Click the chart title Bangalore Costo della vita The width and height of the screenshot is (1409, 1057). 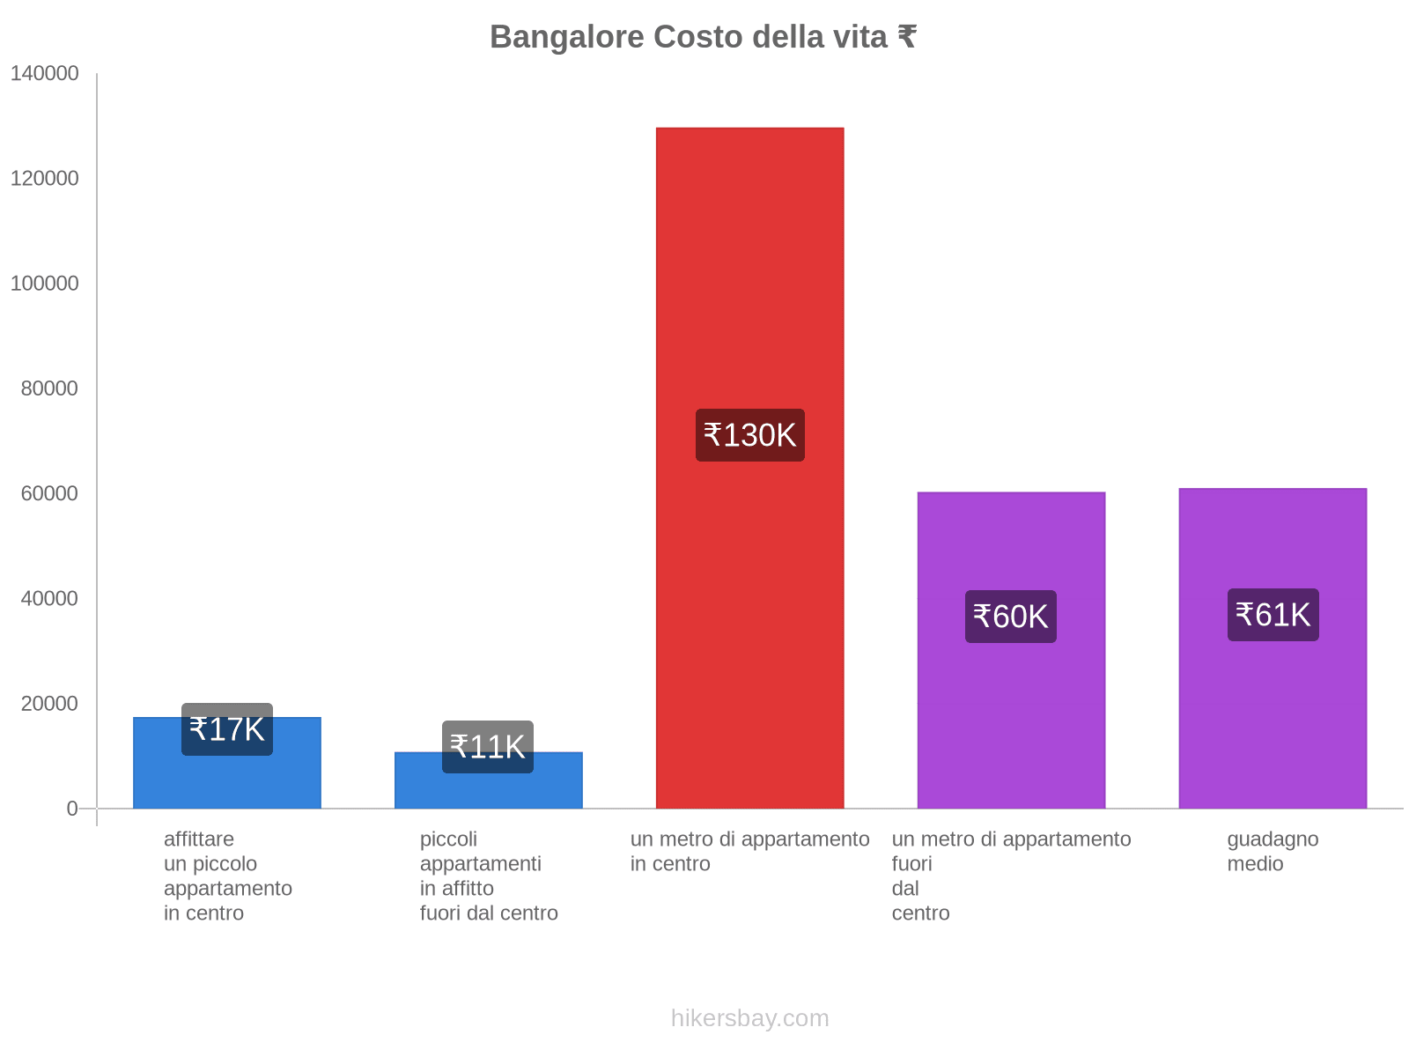tap(703, 37)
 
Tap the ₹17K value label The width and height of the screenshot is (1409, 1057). tap(227, 729)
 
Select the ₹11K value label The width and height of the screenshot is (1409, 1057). tap(488, 747)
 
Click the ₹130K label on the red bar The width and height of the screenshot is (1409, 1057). tap(749, 435)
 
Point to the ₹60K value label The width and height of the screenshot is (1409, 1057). tap(1010, 617)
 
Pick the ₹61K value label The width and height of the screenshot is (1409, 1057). tap(1273, 615)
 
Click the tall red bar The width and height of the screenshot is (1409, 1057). tap(749, 264)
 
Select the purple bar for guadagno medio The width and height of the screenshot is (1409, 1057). tap(1273, 705)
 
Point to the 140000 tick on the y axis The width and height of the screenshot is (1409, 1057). tap(45, 74)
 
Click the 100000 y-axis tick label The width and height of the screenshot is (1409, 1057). tap(45, 284)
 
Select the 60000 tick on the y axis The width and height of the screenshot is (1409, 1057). tap(49, 493)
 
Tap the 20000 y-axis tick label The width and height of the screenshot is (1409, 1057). tap(49, 704)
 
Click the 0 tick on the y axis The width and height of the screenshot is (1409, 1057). tap(72, 809)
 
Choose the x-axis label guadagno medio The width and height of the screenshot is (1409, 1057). tap(1273, 851)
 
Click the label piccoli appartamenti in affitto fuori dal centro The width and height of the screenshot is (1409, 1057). tap(489, 876)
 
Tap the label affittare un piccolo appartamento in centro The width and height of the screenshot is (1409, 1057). tap(227, 876)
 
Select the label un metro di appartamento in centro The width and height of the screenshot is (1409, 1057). tap(749, 851)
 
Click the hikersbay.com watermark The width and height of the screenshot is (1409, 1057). tap(749, 1018)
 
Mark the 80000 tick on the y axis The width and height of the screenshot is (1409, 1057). tap(49, 388)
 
